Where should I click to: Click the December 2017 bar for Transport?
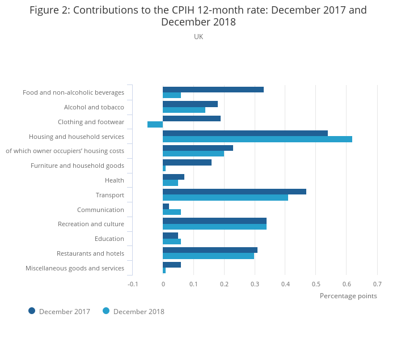234,192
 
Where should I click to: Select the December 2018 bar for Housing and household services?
257,139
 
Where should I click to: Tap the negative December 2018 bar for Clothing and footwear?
155,124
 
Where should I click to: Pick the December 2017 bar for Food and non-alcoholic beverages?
213,90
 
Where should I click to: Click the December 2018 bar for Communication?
172,212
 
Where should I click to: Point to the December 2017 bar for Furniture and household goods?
187,162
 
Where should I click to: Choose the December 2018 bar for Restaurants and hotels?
208,256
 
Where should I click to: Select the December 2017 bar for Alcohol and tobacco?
190,104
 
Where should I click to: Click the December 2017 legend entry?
59,311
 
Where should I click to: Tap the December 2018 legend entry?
133,311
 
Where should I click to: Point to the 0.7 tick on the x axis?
377,283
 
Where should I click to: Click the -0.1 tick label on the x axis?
132,283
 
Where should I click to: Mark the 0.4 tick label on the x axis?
285,283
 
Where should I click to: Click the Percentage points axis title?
348,296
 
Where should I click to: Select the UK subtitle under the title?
198,37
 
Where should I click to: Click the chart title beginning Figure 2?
198,16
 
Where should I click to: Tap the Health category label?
114,180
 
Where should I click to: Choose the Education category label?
110,239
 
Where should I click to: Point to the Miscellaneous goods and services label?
75,268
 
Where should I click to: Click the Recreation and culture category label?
91,224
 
